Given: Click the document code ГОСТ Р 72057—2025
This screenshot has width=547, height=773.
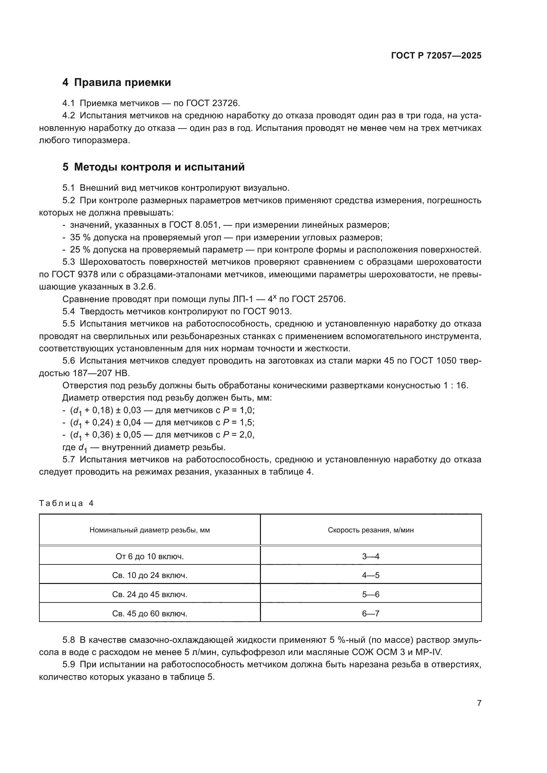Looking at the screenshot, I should coord(436,56).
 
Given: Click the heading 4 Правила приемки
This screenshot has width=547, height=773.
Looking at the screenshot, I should coord(116,83).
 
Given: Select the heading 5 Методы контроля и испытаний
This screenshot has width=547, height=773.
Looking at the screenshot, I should coord(153,167).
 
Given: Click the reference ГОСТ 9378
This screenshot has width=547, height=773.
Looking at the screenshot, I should coord(75,274).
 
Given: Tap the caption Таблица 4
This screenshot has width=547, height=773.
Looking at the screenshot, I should coord(66,503).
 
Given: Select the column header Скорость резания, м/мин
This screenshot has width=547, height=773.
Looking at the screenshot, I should coord(370,530).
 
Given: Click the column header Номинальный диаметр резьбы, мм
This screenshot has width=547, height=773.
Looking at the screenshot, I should coord(149,530).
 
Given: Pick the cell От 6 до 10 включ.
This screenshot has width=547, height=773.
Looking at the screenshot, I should coord(149,557).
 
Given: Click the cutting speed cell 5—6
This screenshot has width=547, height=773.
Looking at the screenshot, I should coord(370,595).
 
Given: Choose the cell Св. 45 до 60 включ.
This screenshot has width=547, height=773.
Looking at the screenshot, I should coord(149,614).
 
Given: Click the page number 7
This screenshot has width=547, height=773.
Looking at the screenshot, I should coord(479,703).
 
